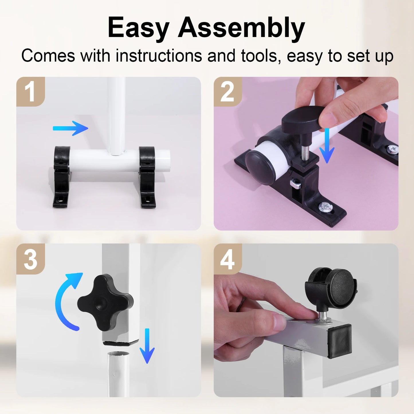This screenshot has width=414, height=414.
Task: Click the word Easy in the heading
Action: tap(138, 28)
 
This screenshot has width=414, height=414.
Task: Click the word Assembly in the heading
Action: tap(241, 28)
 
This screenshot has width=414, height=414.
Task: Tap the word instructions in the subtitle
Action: tap(159, 56)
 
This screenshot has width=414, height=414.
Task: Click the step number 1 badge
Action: tap(30, 92)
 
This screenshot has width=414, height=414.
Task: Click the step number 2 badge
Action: tap(228, 92)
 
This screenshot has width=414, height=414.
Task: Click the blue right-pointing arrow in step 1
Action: tap(71, 128)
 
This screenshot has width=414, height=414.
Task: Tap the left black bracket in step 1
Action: tap(62, 176)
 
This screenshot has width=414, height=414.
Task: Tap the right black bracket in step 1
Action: tap(147, 176)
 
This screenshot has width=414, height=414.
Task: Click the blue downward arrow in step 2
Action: tap(327, 146)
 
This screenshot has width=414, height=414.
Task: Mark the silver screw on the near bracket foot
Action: tap(325, 205)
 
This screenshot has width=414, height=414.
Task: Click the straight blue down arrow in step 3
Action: tap(147, 347)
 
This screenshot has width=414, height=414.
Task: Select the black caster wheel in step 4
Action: tap(332, 289)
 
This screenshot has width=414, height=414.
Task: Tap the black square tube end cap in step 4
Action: tap(340, 341)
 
